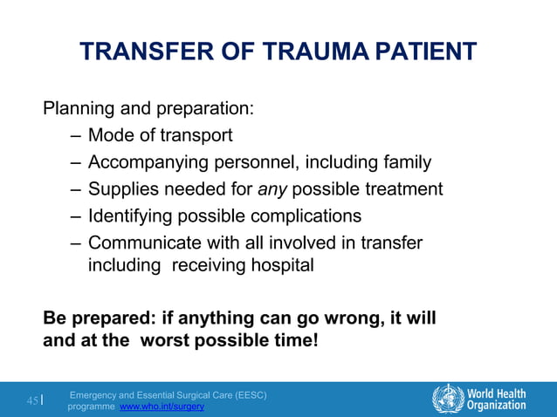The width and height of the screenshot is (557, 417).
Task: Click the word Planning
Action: pos(78,110)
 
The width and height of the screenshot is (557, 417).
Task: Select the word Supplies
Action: pos(121,189)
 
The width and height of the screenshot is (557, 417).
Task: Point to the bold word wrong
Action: pos(342,318)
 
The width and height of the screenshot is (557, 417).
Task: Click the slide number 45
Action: pos(32,401)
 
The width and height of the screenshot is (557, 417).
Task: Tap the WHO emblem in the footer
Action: pos(448,398)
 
